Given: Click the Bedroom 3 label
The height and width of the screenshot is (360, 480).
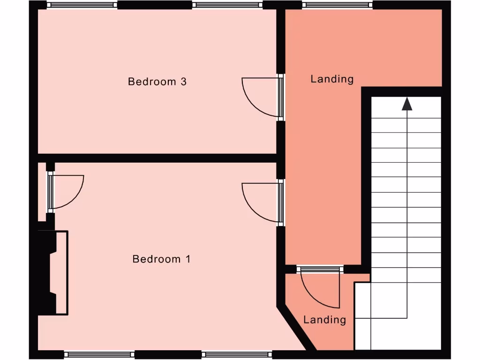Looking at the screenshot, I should point(157,82).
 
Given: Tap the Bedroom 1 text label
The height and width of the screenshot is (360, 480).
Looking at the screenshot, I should point(161,259).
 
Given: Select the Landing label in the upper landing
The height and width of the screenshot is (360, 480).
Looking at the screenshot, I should point(332,79).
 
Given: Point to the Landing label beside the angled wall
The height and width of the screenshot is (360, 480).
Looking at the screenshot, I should point(324,320).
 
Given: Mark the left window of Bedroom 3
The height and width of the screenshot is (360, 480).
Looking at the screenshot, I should point(82,5).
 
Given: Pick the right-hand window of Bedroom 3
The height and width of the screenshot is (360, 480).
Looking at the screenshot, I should point(227,5).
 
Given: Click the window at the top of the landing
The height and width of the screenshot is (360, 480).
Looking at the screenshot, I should point(337,5).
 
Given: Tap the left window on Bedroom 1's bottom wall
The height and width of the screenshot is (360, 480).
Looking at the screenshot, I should point(99,354).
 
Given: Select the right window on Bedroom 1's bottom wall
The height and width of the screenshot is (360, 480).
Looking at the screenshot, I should point(237,354).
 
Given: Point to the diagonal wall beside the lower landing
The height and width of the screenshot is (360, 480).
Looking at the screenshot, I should point(295,328).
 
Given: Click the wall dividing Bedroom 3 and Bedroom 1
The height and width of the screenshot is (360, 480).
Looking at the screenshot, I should point(159,158).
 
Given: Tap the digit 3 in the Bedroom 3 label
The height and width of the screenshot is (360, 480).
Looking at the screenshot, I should point(183,82).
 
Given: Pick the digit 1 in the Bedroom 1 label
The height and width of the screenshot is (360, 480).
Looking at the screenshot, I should point(188,259).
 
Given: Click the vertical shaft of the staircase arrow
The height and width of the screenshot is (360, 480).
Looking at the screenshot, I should point(407,211).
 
